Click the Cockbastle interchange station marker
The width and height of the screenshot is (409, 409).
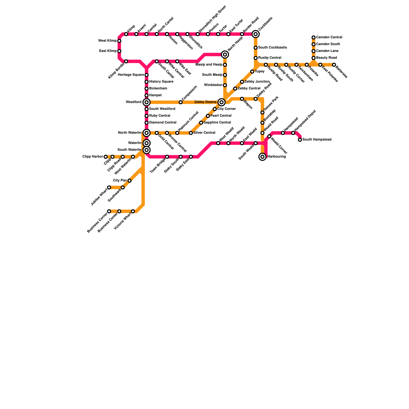coord(256,34)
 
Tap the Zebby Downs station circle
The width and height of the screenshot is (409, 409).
coord(222,102)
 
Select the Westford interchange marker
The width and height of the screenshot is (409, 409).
coord(146,102)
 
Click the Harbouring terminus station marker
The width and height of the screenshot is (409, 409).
coord(263,157)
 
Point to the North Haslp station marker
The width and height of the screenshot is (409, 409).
coord(225,54)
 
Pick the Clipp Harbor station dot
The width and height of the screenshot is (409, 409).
coord(106,157)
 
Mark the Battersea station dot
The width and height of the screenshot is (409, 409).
coord(334,65)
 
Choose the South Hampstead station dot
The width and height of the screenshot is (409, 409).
coord(300,140)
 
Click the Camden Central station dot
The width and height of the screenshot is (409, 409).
coord(313,38)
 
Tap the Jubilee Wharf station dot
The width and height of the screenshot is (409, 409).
coord(109,187)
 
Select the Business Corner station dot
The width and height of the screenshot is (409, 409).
coord(109,211)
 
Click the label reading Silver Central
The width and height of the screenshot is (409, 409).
coord(204,133)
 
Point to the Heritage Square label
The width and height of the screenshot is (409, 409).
coord(131,75)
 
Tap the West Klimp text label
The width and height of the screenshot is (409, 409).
coord(107,41)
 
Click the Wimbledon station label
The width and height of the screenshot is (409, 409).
coord(213,85)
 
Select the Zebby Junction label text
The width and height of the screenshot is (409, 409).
coord(257,82)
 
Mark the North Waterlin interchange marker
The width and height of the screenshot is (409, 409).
coord(146,133)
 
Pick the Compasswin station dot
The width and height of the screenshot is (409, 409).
coord(180,102)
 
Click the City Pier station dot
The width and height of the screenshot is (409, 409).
coord(129,181)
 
